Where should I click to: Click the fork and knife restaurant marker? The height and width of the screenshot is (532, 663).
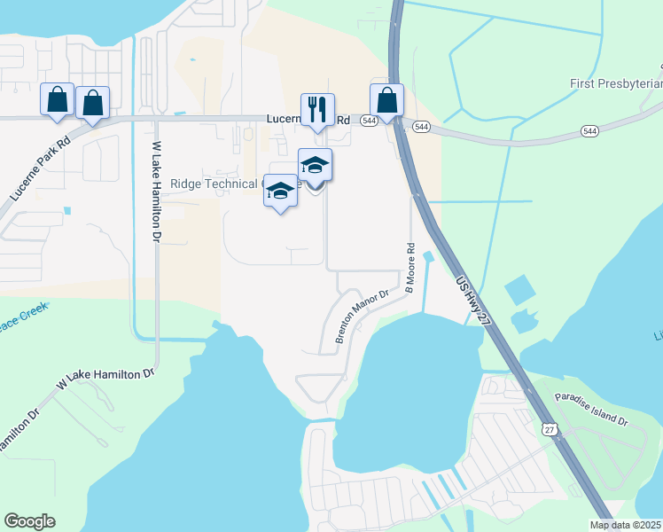[317, 110]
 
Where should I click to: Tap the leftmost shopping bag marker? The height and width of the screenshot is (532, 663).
[58, 102]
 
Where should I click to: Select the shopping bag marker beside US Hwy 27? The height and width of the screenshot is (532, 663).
[386, 101]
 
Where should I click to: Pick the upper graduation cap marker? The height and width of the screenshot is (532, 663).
[315, 166]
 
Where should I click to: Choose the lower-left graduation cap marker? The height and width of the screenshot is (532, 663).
[281, 192]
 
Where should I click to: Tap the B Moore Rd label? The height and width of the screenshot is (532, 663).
[410, 268]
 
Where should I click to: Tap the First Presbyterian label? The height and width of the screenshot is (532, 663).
[616, 83]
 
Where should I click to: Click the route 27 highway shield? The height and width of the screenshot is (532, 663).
[550, 429]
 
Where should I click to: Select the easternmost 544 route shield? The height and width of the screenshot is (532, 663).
[589, 130]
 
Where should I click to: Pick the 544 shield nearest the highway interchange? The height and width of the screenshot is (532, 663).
[422, 128]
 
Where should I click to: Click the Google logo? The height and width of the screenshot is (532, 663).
[29, 521]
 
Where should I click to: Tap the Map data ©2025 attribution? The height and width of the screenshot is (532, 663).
[626, 525]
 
